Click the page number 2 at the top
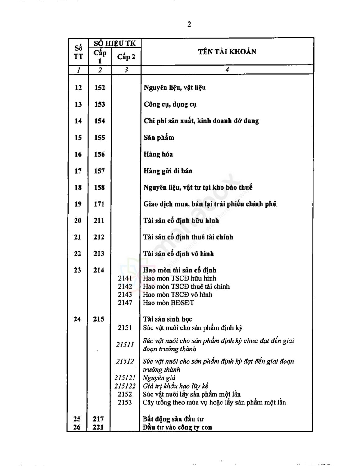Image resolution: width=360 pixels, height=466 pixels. pyautogui.click(x=189, y=24)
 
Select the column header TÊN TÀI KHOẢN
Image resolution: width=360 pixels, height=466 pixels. pyautogui.click(x=227, y=52)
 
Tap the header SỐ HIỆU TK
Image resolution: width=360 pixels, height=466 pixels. pyautogui.click(x=115, y=43)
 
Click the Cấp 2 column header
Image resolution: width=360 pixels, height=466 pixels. pyautogui.click(x=126, y=57)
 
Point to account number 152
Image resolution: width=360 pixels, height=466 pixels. pyautogui.click(x=100, y=88)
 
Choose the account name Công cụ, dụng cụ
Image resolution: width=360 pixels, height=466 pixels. pyautogui.click(x=170, y=104)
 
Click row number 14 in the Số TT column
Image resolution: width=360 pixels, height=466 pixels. pyautogui.click(x=78, y=121)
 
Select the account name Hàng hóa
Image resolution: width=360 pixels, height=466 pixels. pyautogui.click(x=158, y=154)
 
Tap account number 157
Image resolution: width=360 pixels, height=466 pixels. pyautogui.click(x=99, y=171)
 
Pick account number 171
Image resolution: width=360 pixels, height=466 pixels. pyautogui.click(x=99, y=204)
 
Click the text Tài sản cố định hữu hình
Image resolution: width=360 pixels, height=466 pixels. pyautogui.click(x=181, y=221)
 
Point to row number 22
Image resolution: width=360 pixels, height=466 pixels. pyautogui.click(x=78, y=254)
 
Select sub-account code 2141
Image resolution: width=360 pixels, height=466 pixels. pyautogui.click(x=125, y=278)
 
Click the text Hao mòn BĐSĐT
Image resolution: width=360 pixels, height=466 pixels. pyautogui.click(x=168, y=303)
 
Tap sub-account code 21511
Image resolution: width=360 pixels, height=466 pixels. pyautogui.click(x=125, y=345)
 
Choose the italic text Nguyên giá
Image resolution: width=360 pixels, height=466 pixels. pyautogui.click(x=159, y=378)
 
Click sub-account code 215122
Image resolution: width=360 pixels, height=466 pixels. pyautogui.click(x=125, y=386)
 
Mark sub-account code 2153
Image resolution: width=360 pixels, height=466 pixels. pyautogui.click(x=125, y=402)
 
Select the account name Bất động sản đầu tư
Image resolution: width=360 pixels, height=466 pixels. pyautogui.click(x=173, y=419)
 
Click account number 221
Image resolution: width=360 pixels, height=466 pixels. pyautogui.click(x=98, y=427)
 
